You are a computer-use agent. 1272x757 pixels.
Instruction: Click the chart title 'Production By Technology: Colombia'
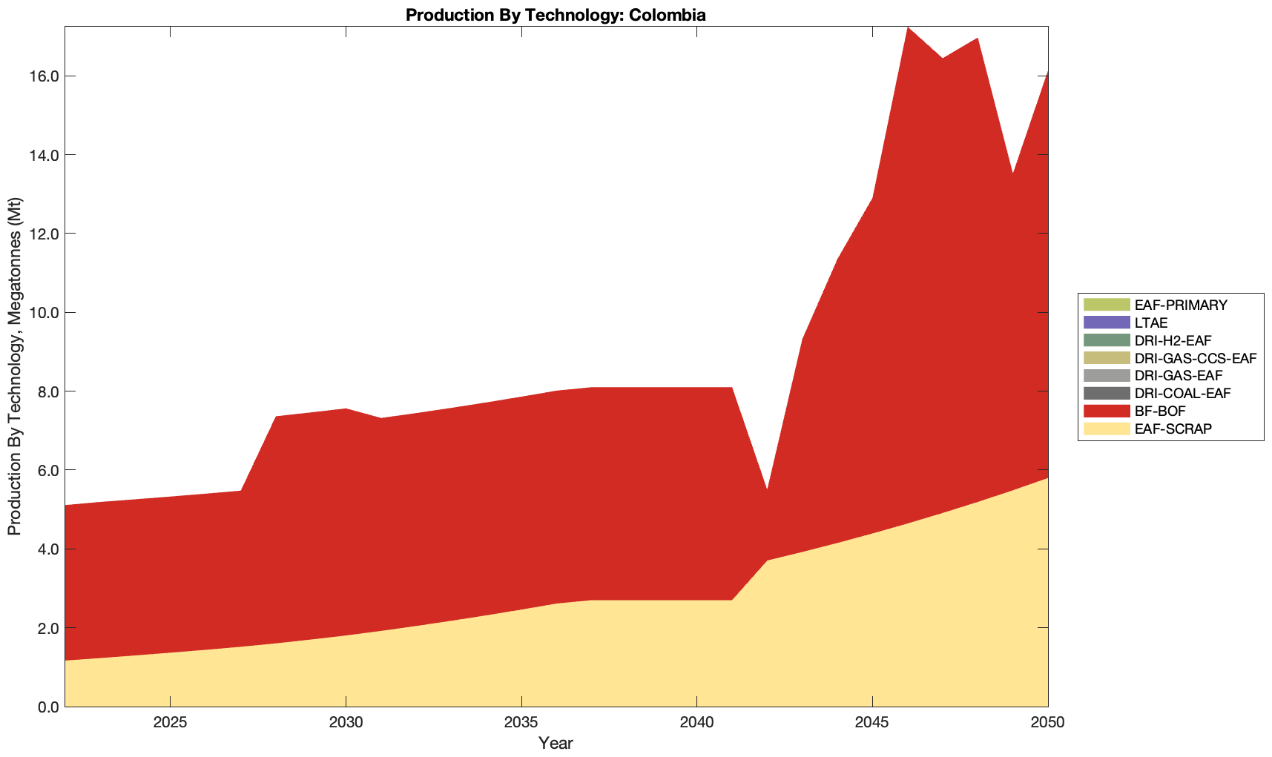(x=556, y=14)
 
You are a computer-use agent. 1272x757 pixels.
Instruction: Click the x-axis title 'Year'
(x=556, y=742)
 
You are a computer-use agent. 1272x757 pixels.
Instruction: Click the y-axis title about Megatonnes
(x=14, y=366)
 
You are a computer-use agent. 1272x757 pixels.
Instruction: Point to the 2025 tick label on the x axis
(x=171, y=724)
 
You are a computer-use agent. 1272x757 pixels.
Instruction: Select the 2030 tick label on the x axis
(x=346, y=724)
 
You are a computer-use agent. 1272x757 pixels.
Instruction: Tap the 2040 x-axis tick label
(x=696, y=724)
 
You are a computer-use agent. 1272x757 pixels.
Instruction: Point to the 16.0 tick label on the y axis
(x=44, y=76)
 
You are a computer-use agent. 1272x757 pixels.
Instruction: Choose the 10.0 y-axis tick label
(x=44, y=313)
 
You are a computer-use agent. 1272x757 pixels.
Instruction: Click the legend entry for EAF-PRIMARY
(x=1181, y=305)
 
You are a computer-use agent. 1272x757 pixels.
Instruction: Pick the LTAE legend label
(x=1151, y=323)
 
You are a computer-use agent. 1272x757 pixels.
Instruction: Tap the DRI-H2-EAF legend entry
(x=1173, y=340)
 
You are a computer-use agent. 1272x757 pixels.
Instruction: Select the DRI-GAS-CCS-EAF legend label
(x=1195, y=358)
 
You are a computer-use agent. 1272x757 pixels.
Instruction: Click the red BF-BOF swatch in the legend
(x=1106, y=411)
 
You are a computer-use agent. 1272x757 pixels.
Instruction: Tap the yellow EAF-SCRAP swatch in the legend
(x=1106, y=429)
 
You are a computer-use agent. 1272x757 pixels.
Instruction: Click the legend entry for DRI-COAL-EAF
(x=1182, y=393)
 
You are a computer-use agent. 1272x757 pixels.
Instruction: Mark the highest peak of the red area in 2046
(x=907, y=28)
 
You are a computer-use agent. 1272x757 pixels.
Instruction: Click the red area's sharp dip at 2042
(x=767, y=491)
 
